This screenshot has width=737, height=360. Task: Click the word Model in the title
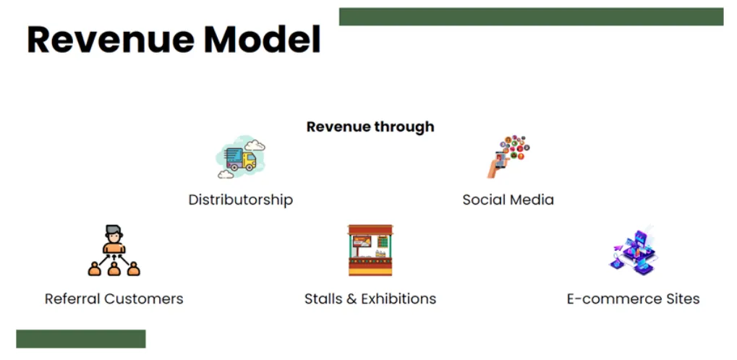tap(262, 40)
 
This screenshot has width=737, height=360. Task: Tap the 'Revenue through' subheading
tap(370, 127)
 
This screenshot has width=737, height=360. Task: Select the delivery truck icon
tap(241, 157)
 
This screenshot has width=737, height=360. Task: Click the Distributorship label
tap(240, 200)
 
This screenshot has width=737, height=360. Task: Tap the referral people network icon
tap(114, 251)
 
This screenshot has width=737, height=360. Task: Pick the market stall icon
tap(370, 249)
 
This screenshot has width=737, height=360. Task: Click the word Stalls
tap(323, 299)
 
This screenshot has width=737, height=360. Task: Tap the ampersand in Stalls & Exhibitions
tap(352, 299)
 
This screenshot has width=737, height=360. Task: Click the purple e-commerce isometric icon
tap(632, 251)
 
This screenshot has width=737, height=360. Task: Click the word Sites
tap(679, 299)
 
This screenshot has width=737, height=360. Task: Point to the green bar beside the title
tap(531, 17)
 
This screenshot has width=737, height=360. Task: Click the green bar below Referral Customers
tap(80, 339)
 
